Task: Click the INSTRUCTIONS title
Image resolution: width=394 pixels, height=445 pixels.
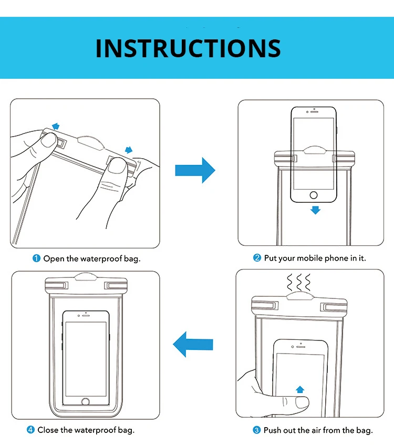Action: [x=188, y=48]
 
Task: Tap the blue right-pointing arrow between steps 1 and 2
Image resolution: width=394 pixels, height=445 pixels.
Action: [x=195, y=170]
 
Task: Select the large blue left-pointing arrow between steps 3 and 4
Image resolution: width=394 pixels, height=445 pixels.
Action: [x=193, y=345]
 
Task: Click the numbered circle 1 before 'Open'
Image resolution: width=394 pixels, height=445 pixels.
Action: [x=37, y=258]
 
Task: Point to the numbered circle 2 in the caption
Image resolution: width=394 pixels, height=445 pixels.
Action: [x=257, y=258]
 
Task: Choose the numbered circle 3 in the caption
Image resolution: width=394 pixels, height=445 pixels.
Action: [x=257, y=430]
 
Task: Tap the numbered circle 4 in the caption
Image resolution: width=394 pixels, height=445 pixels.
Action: [x=30, y=430]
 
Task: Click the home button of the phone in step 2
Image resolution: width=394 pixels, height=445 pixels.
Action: [x=314, y=195]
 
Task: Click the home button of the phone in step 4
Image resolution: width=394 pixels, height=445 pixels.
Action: [x=86, y=401]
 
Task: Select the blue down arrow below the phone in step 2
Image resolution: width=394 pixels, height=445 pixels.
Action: [x=315, y=210]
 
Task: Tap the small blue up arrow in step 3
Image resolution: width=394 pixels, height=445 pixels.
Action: [x=300, y=389]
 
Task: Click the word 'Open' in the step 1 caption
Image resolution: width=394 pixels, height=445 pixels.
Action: [x=54, y=258]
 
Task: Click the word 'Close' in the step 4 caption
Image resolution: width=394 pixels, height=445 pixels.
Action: [x=48, y=430]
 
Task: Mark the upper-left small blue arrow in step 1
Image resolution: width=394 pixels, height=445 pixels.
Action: [x=55, y=127]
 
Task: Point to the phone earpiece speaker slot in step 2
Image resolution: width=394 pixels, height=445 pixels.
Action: [x=314, y=111]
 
